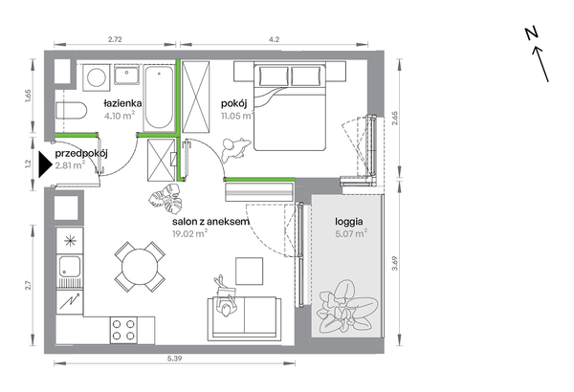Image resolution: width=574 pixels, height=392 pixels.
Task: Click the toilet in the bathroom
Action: [72, 111]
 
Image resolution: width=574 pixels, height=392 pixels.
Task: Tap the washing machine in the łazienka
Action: [97, 77]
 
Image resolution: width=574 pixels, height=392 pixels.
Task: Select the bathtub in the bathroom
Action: [159, 98]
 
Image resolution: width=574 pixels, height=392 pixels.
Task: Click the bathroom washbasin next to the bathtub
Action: [126, 75]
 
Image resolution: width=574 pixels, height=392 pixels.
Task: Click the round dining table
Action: [140, 267]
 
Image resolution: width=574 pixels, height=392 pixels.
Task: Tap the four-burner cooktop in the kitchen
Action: [123, 330]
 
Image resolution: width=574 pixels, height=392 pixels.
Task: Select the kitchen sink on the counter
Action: [70, 266]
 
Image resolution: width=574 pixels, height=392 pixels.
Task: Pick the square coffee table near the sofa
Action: [249, 272]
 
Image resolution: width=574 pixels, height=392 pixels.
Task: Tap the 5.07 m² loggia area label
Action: [351, 233]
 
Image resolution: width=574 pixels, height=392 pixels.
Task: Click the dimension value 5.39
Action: [175, 359]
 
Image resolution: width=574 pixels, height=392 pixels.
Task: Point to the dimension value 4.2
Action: [274, 39]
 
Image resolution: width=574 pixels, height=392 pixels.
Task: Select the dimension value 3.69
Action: [394, 263]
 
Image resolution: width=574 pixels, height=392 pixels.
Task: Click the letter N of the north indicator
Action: [532, 33]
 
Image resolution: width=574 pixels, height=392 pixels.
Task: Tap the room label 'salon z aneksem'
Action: [210, 222]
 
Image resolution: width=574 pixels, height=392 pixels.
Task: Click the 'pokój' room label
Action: [234, 104]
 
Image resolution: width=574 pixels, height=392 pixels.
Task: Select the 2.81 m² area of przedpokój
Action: [70, 165]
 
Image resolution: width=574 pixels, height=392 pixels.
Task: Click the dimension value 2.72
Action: [115, 39]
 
